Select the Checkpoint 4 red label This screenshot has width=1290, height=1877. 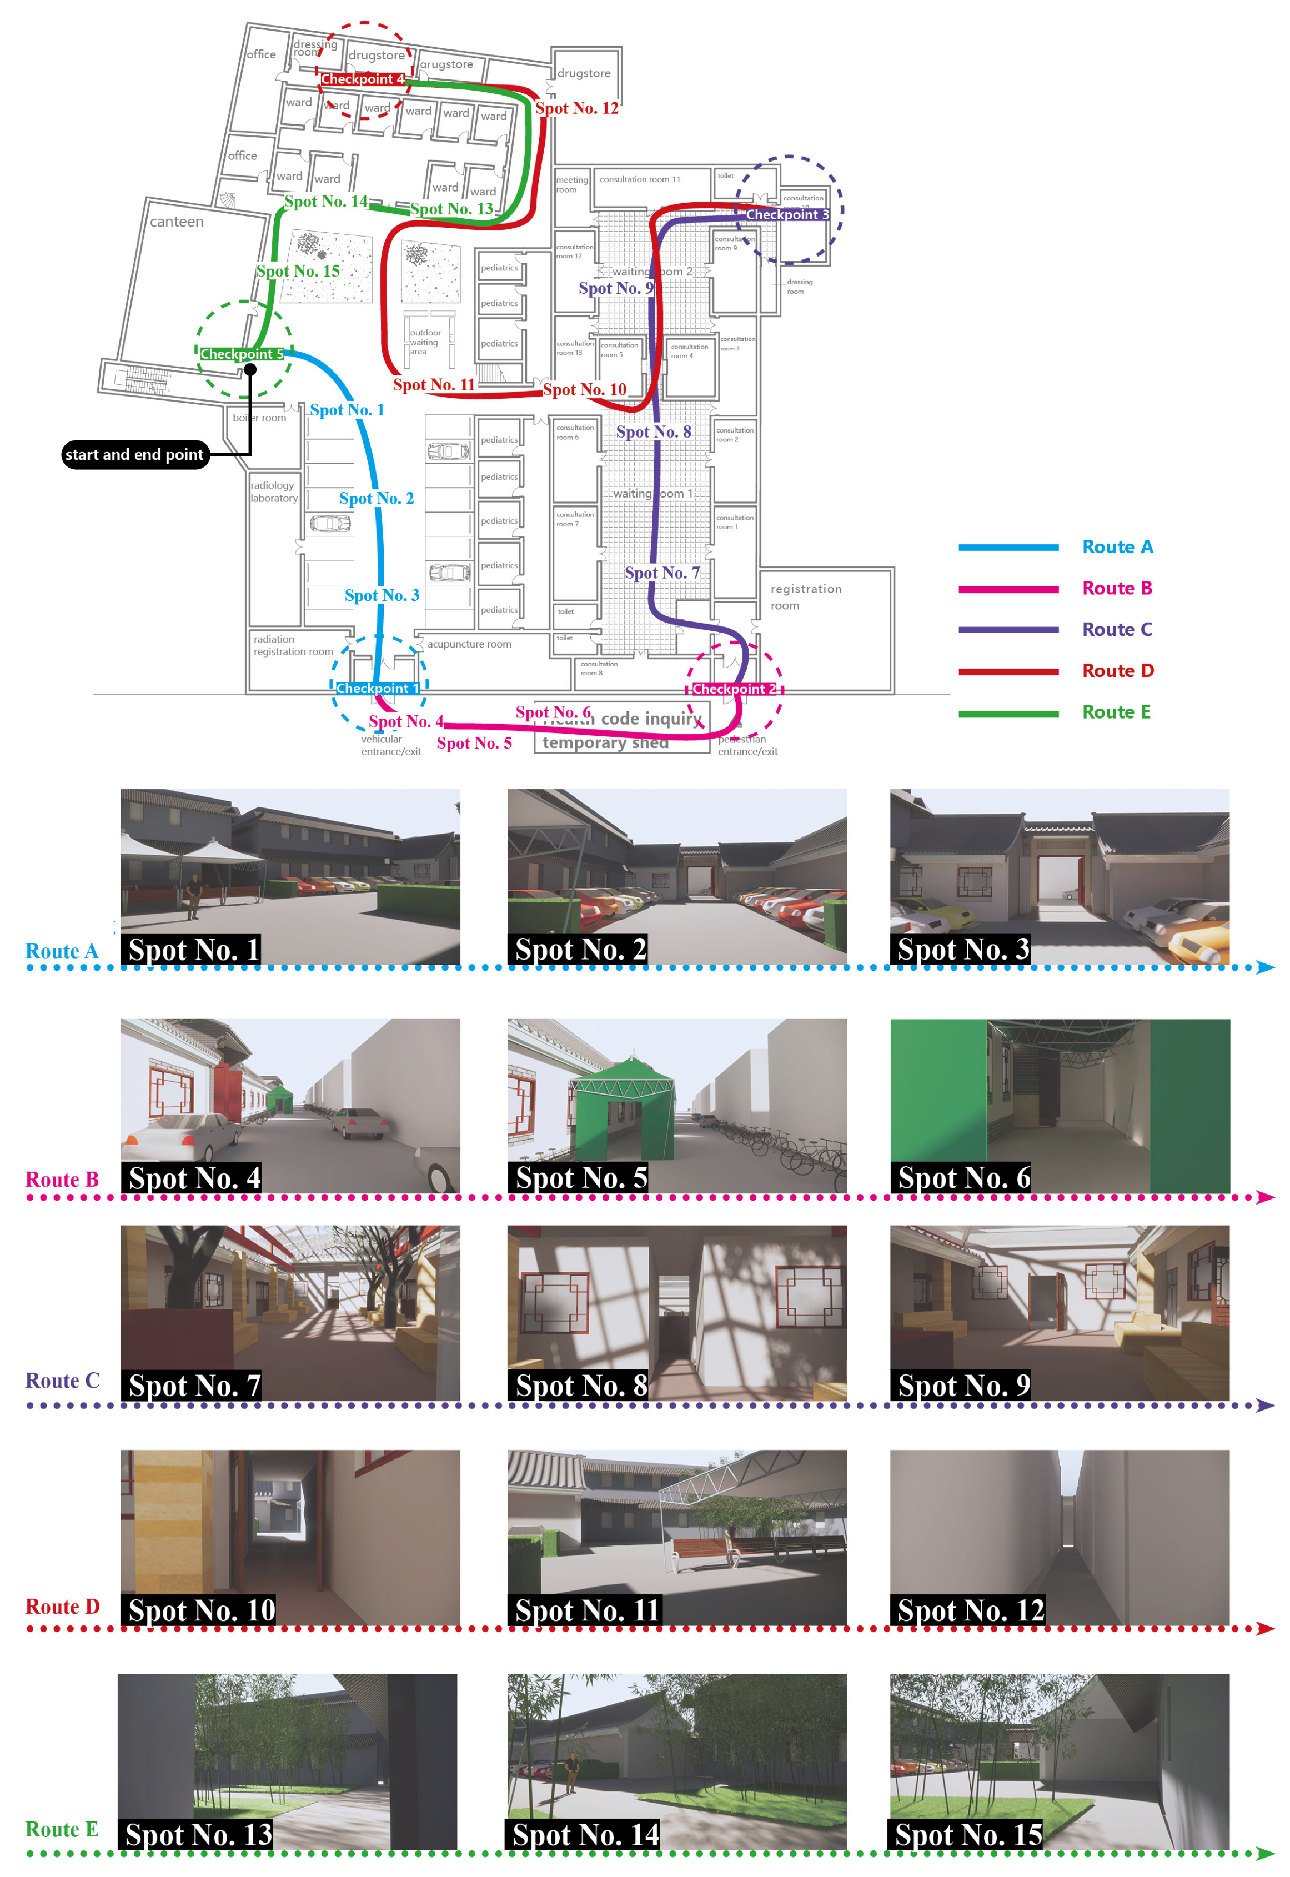tap(362, 79)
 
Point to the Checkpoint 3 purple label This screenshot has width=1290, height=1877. tap(786, 214)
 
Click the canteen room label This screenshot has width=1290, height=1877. tap(176, 222)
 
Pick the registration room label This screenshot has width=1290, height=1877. tap(805, 596)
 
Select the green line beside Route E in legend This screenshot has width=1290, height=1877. tap(1008, 713)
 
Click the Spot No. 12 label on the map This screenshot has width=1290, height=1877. tap(576, 108)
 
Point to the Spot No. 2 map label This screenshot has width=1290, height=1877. tap(376, 498)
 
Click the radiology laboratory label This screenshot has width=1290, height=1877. tap(274, 491)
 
